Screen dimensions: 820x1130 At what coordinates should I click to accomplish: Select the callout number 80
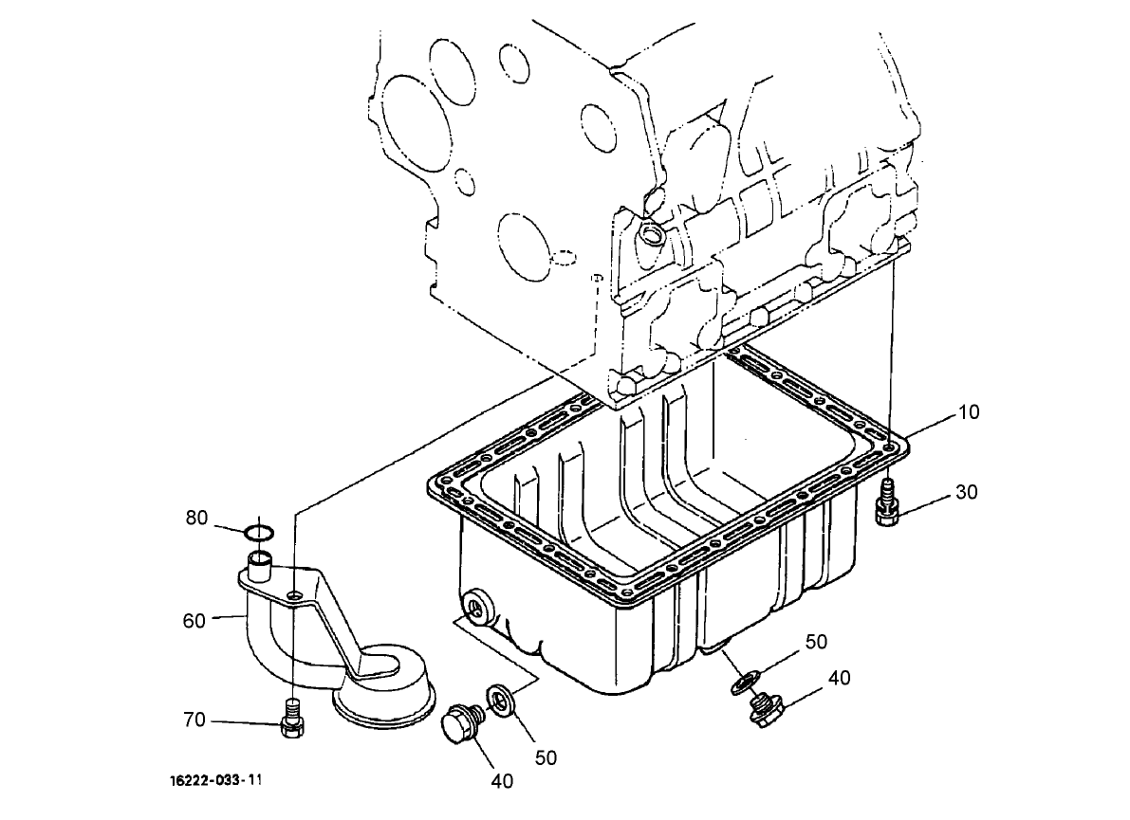coord(196,518)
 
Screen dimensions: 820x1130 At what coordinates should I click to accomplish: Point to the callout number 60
coord(195,621)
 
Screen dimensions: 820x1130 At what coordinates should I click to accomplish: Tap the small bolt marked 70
coord(294,720)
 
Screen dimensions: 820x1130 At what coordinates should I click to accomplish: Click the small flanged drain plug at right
coord(765,711)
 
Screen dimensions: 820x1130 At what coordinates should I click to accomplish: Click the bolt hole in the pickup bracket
coord(297,594)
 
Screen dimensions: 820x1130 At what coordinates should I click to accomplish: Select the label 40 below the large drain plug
coord(502,781)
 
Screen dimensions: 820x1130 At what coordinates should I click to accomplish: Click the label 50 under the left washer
coord(546,756)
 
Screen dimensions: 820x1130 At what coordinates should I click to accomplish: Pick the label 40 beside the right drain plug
coord(839,678)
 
